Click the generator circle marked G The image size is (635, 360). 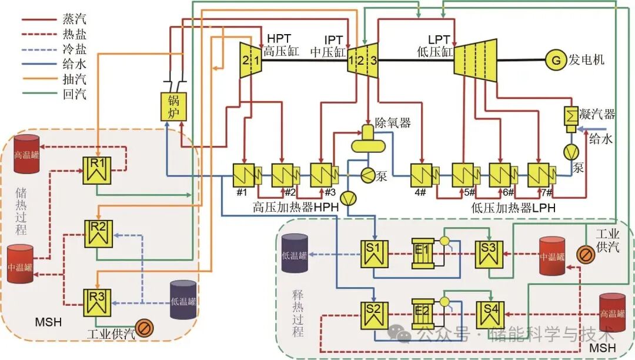pos(554,59)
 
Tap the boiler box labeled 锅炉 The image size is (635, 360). pos(173,106)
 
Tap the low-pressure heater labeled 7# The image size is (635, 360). pos(539,174)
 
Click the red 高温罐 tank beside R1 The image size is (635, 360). pos(27,154)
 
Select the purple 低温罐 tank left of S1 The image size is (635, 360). pos(295,254)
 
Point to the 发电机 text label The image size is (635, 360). pos(586,60)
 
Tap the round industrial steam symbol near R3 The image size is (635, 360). pos(144,327)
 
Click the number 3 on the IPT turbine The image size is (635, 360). pos(372,60)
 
